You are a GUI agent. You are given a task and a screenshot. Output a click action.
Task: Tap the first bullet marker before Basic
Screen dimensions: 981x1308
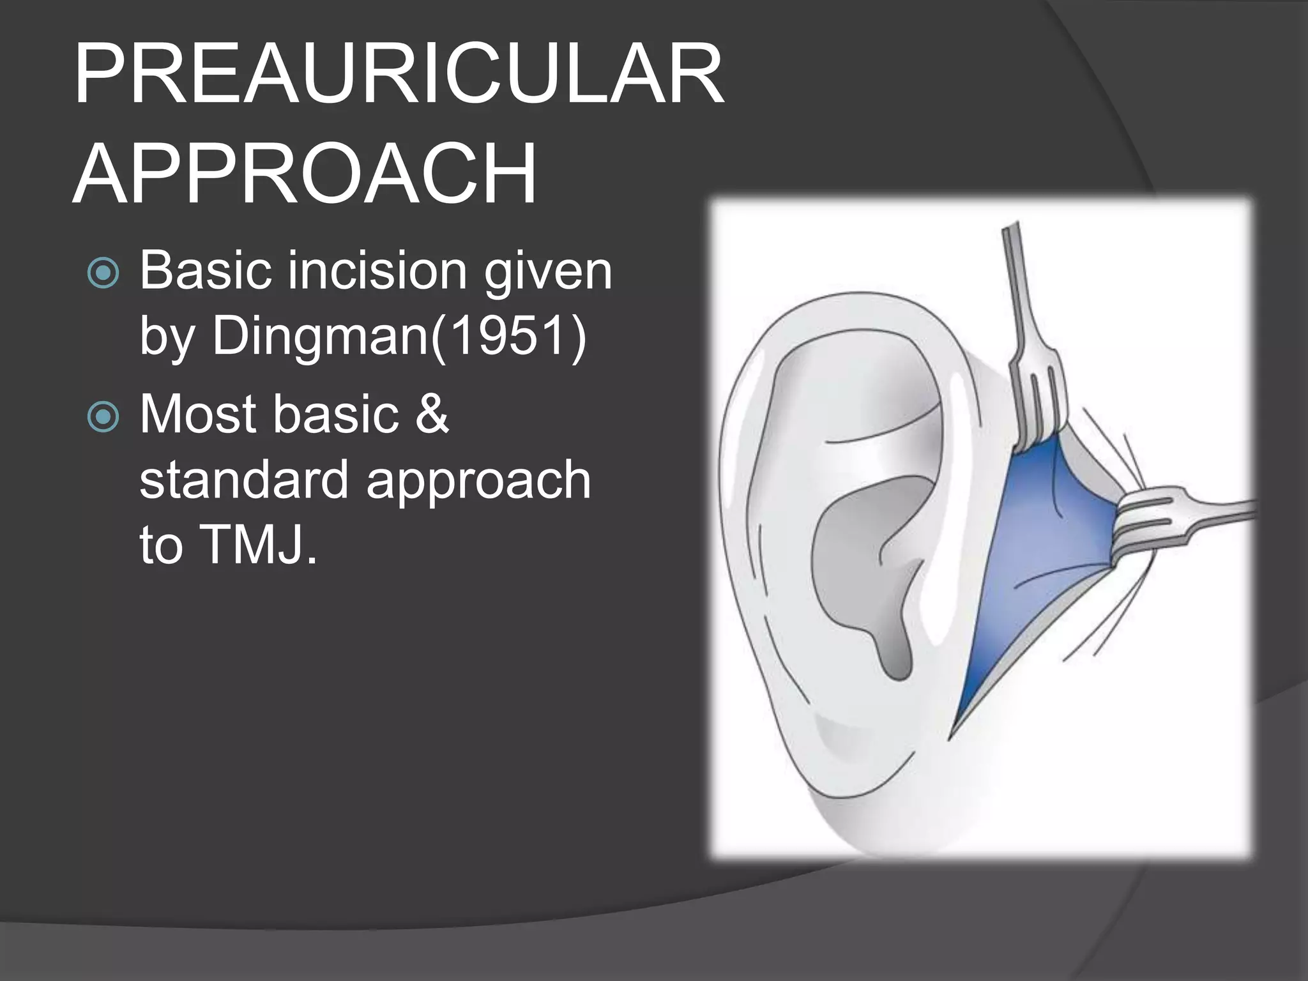pyautogui.click(x=102, y=273)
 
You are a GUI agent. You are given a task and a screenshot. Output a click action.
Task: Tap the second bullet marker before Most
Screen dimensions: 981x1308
pyautogui.click(x=102, y=417)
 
